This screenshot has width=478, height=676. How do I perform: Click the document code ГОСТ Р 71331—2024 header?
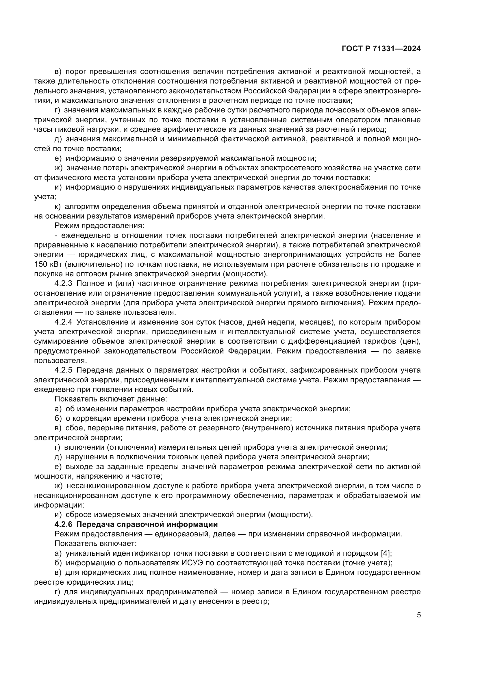pos(381,49)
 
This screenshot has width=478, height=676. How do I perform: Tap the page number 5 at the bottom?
pos(419,615)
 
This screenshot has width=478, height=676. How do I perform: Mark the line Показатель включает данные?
pos(111,399)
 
